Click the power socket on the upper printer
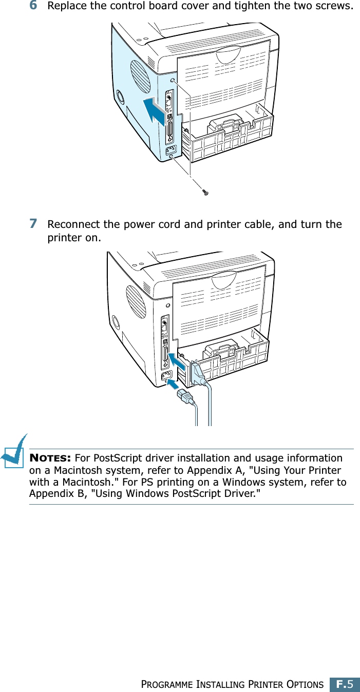(169, 150)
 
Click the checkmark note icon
(14, 451)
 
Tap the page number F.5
(345, 684)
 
